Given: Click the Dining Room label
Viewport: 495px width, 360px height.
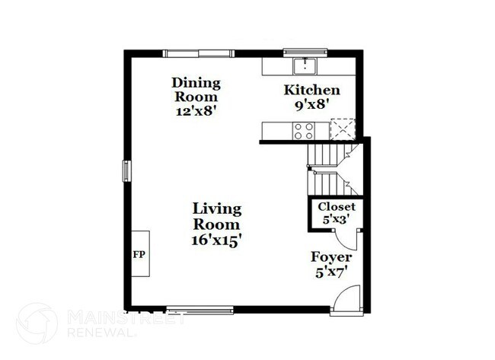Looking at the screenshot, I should coord(196,90).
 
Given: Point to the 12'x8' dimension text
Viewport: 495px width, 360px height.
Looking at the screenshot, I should coord(196,110).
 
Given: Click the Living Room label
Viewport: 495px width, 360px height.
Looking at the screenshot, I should coord(216,216).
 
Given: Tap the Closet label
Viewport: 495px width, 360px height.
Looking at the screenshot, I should coord(336,206).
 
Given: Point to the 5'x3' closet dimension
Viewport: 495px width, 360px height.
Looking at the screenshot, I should coord(336,219).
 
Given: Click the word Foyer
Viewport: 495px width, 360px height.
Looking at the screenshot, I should coord(330,257).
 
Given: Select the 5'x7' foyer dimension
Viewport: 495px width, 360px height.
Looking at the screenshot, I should coord(330,272).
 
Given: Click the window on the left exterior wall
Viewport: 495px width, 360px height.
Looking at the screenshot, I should coord(126,170).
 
